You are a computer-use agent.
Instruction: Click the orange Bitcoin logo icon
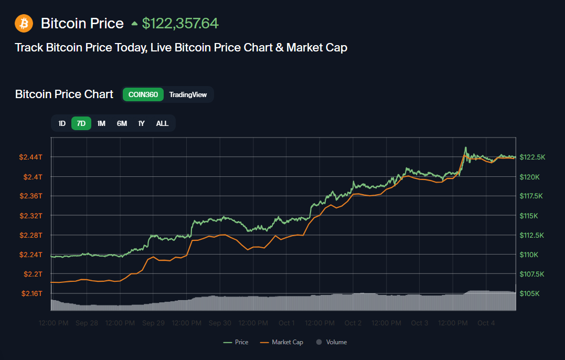coord(24,23)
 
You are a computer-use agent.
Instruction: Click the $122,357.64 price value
coord(180,24)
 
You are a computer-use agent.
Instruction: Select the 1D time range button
coord(62,123)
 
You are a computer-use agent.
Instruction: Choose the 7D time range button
coord(81,123)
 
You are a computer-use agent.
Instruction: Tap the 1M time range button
coord(101,123)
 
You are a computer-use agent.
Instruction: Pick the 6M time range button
coord(122,123)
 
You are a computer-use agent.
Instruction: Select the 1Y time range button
coord(141,123)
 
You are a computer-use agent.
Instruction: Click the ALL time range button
coord(162,123)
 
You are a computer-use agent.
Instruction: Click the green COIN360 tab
coord(143,94)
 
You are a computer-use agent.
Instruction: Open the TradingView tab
coord(188,94)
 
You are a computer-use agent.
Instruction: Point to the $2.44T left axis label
coord(31,157)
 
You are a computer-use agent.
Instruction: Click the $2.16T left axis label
coord(31,293)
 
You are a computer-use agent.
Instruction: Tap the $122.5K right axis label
coord(532,157)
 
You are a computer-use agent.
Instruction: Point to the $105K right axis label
coord(530,293)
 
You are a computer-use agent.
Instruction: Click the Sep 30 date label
coord(220,323)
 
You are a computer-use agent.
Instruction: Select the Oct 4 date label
coord(486,323)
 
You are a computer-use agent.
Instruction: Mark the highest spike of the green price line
coord(465,147)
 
